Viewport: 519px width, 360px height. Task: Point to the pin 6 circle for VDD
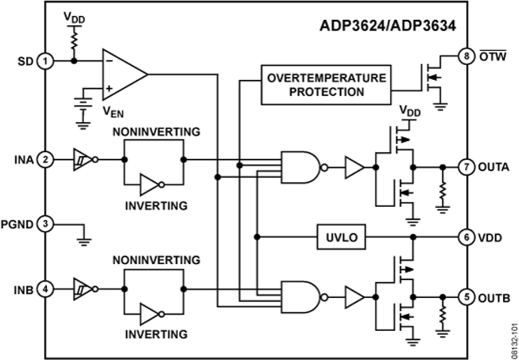(x=466, y=237)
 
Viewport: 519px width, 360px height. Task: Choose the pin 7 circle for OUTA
(x=466, y=167)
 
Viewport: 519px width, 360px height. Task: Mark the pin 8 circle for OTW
(x=466, y=57)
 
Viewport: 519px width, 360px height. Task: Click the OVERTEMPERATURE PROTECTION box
(x=324, y=85)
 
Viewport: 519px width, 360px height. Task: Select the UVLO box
(x=341, y=237)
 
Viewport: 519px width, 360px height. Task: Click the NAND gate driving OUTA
(x=300, y=167)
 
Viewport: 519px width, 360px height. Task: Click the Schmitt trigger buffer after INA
(x=81, y=159)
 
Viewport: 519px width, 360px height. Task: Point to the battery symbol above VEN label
(x=84, y=105)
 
